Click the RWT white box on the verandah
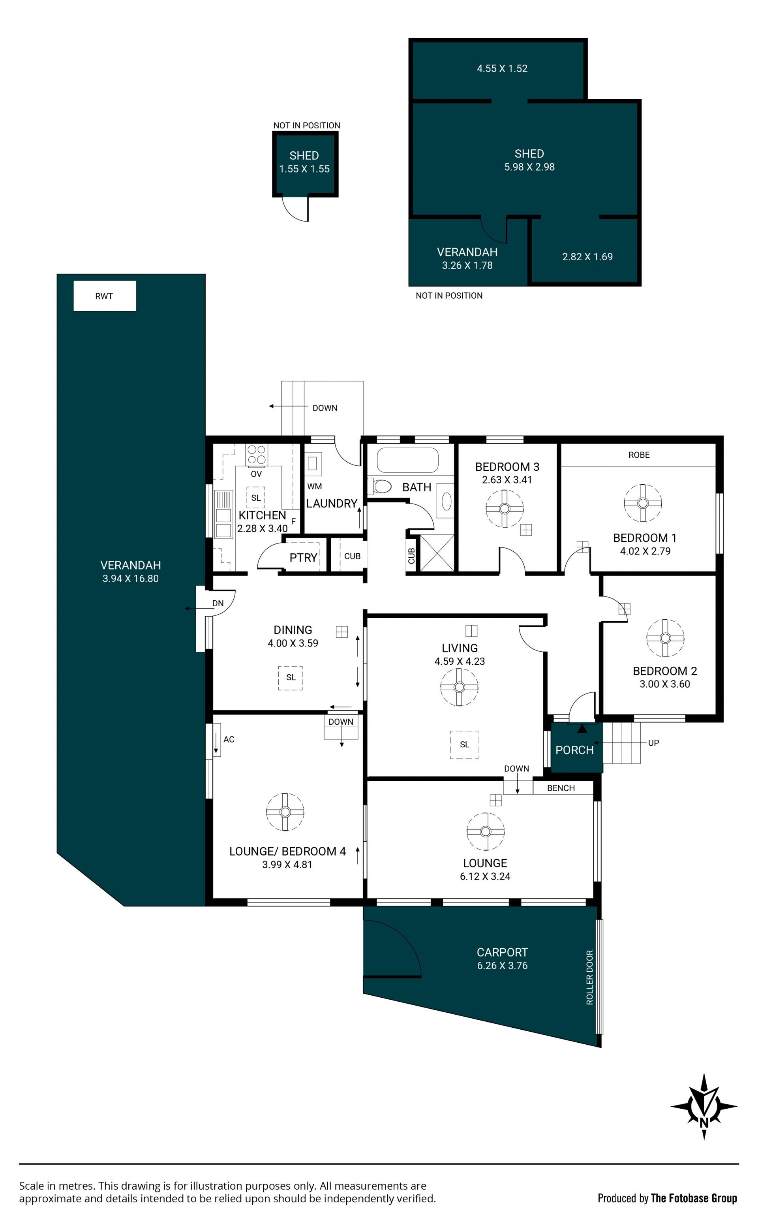click(x=105, y=296)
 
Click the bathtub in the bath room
click(x=407, y=460)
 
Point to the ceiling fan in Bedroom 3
click(x=504, y=508)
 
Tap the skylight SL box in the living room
click(x=464, y=745)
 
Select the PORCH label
click(x=574, y=750)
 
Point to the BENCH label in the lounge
click(x=561, y=788)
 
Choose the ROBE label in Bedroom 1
click(x=639, y=455)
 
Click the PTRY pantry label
click(x=303, y=558)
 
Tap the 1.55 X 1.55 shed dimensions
click(x=304, y=169)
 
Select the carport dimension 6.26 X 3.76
click(x=502, y=965)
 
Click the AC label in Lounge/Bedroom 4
click(x=229, y=739)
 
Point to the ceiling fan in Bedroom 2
click(x=665, y=638)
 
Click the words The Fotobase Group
click(x=694, y=1198)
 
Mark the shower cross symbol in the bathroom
click(x=437, y=553)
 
